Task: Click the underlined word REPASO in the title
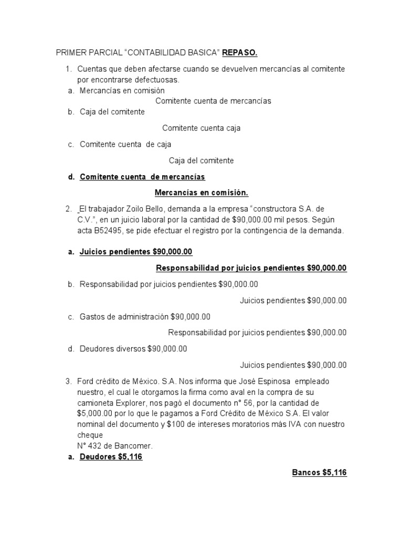(240, 53)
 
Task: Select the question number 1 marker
(68, 69)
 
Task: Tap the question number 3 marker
(68, 381)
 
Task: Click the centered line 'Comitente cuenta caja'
(201, 128)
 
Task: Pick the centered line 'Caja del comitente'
(201, 160)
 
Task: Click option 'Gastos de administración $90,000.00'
(145, 317)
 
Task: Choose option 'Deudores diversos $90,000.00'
(133, 349)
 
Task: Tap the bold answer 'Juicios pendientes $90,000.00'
(136, 252)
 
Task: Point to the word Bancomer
(134, 446)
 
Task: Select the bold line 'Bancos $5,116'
(319, 472)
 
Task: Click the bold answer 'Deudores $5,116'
(111, 457)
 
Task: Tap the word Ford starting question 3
(86, 381)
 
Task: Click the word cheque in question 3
(90, 435)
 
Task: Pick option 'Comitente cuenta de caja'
(125, 144)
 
